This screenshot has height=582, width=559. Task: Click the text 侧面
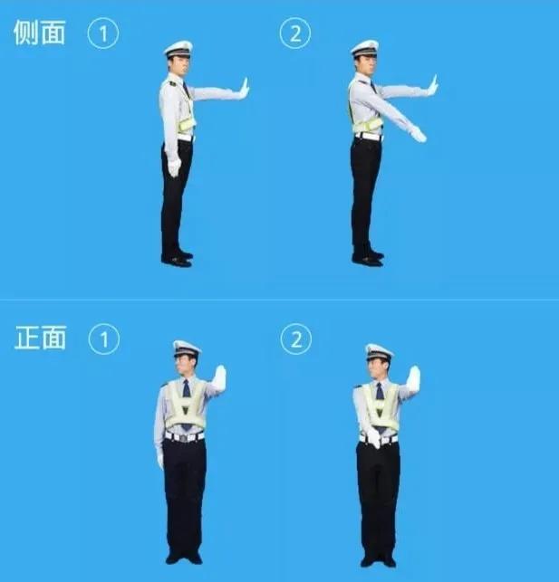click(x=40, y=33)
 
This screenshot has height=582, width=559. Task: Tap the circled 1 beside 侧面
click(x=103, y=33)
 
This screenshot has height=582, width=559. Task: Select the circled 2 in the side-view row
click(x=295, y=33)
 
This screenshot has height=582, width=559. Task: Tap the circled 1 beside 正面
click(x=103, y=339)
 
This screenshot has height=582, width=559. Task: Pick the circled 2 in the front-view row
click(x=295, y=339)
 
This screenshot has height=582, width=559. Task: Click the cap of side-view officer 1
click(x=178, y=48)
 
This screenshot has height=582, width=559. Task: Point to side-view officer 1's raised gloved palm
click(x=243, y=88)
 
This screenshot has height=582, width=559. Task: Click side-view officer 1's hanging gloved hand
click(x=174, y=167)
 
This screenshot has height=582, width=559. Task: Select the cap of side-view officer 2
click(x=365, y=48)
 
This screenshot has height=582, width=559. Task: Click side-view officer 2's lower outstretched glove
click(x=418, y=135)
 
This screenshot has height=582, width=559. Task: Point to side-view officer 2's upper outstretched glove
click(x=433, y=86)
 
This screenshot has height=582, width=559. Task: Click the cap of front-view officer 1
click(x=187, y=348)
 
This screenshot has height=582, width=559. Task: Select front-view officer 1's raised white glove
click(x=219, y=377)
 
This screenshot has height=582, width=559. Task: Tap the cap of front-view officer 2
click(x=379, y=351)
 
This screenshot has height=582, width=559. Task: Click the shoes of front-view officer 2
click(x=378, y=560)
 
